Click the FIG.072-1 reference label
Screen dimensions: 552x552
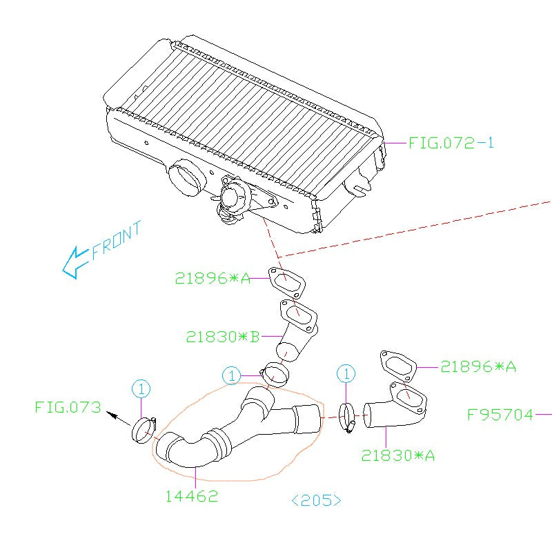451,143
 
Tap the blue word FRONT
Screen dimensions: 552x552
116,239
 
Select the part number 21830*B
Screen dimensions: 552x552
222,337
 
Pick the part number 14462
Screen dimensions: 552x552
191,495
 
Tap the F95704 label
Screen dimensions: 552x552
500,415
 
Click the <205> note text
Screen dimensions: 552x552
316,500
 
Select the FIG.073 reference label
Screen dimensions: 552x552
68,406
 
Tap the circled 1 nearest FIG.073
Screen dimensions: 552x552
140,388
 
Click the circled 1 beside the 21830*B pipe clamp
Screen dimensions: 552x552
231,375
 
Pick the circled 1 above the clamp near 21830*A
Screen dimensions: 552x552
346,374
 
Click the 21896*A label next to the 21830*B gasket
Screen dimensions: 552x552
211,278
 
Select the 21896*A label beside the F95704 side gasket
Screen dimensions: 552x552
478,366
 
